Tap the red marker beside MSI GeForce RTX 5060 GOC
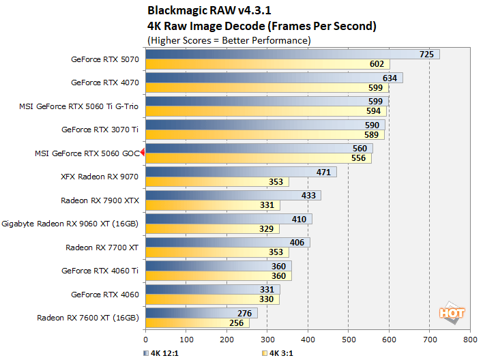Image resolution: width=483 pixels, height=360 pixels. (x=143, y=153)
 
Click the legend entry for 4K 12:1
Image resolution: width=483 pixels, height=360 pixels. (x=162, y=353)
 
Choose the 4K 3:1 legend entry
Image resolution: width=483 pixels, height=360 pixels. (x=278, y=353)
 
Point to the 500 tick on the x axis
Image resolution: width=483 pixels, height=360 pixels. (x=348, y=339)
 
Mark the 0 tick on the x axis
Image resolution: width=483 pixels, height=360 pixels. (x=145, y=339)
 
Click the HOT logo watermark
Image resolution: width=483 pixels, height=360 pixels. (x=452, y=313)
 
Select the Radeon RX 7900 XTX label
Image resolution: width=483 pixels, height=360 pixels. (x=100, y=200)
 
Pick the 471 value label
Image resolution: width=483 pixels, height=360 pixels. (x=323, y=172)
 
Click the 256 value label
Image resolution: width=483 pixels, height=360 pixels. (x=236, y=322)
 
